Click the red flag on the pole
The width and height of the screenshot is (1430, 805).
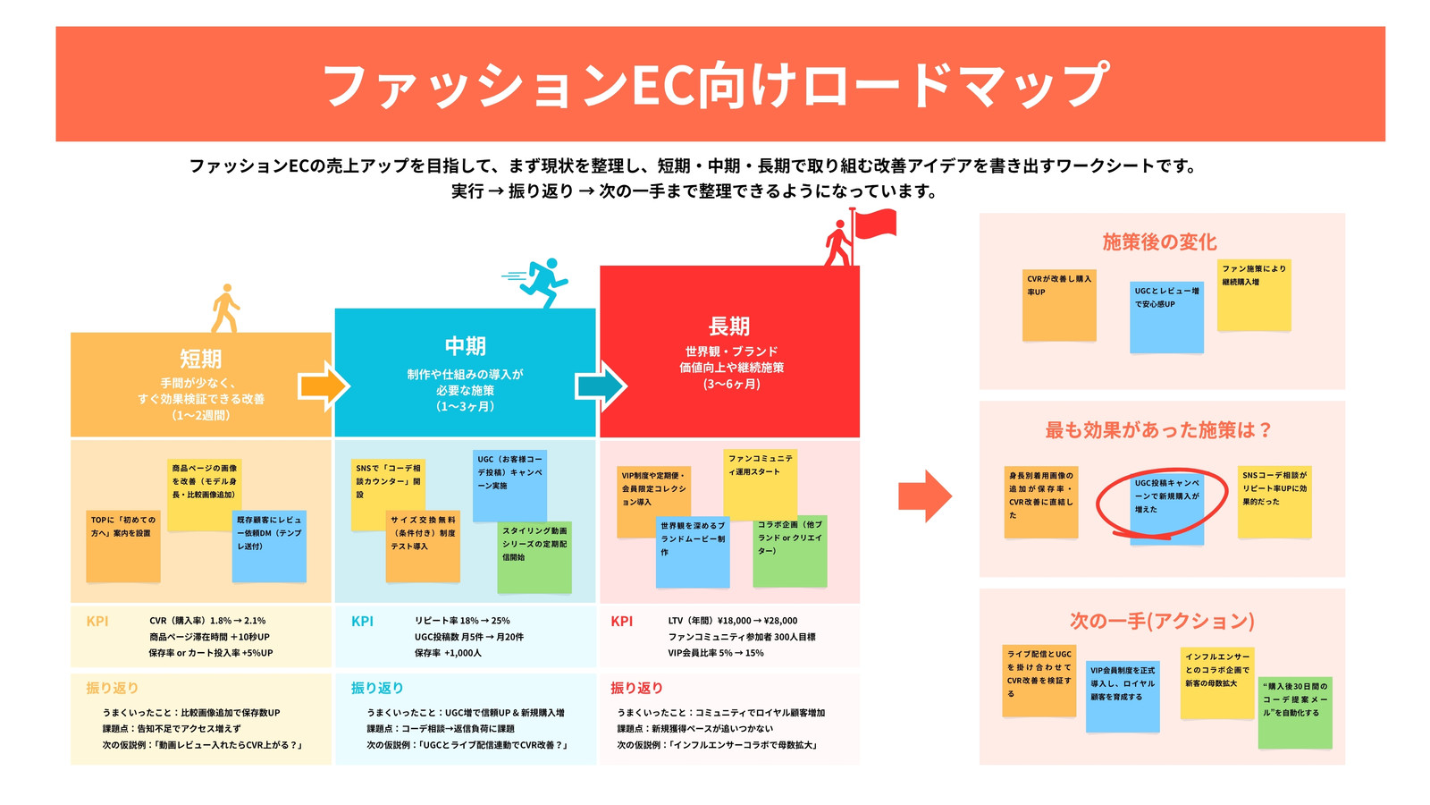pyautogui.click(x=876, y=224)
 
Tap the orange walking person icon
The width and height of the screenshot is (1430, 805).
pyautogui.click(x=225, y=309)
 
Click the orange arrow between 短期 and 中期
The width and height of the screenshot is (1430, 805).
pyautogui.click(x=324, y=386)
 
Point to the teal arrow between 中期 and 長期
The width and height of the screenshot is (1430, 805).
pyautogui.click(x=601, y=386)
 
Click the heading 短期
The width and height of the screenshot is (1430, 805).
pyautogui.click(x=200, y=359)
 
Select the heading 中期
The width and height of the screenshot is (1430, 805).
pyautogui.click(x=466, y=346)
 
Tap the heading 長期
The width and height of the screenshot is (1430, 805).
pyautogui.click(x=729, y=326)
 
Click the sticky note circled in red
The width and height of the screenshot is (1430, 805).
pyautogui.click(x=1167, y=509)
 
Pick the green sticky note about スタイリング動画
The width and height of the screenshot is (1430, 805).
pyautogui.click(x=535, y=557)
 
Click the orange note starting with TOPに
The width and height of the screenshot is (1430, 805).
pyautogui.click(x=123, y=547)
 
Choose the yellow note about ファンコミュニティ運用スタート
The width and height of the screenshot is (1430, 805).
pyautogui.click(x=761, y=485)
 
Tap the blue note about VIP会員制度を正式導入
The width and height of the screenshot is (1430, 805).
pyautogui.click(x=1123, y=697)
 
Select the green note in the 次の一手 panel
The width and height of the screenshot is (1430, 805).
pyautogui.click(x=1295, y=712)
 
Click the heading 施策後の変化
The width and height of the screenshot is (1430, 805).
pyautogui.click(x=1159, y=242)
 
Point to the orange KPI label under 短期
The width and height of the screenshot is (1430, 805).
pyautogui.click(x=97, y=621)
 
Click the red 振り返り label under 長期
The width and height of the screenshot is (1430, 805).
pyautogui.click(x=636, y=688)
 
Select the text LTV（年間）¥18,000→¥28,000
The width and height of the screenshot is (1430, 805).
pyautogui.click(x=733, y=621)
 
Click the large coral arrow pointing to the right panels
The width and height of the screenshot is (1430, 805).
pyautogui.click(x=925, y=496)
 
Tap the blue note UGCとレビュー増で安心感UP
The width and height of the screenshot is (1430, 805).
pyautogui.click(x=1167, y=318)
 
